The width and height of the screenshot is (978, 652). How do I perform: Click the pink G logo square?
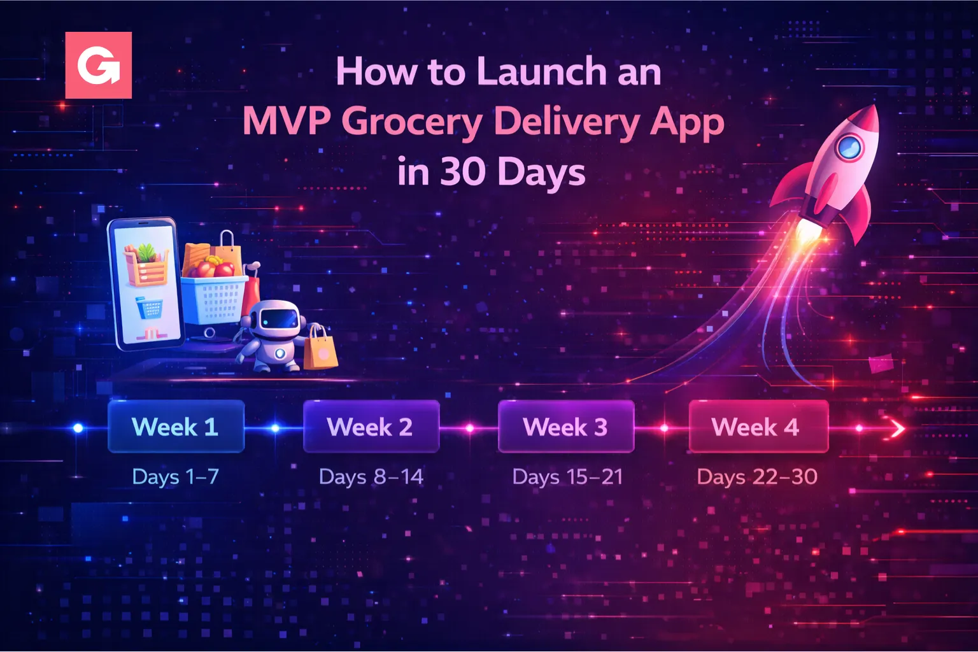[99, 65]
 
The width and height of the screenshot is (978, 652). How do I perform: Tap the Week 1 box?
[176, 427]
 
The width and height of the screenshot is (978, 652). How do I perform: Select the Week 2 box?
[371, 427]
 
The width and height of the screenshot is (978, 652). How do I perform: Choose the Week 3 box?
[565, 427]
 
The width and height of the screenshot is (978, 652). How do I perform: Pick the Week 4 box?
[758, 427]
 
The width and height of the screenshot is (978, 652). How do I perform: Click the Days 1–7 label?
[176, 476]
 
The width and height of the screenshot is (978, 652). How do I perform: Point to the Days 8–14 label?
[371, 476]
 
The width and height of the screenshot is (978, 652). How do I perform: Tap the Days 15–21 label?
[567, 476]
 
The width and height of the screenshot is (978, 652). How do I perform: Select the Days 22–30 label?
[757, 476]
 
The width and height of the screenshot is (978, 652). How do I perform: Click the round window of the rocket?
[849, 148]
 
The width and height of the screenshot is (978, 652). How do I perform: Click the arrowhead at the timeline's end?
[898, 429]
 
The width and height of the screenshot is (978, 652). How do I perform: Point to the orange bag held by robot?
[320, 350]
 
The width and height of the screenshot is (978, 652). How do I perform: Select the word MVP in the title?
[287, 121]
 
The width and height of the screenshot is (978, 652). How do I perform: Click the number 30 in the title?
[463, 172]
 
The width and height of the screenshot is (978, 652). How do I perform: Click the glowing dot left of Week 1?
[78, 428]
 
